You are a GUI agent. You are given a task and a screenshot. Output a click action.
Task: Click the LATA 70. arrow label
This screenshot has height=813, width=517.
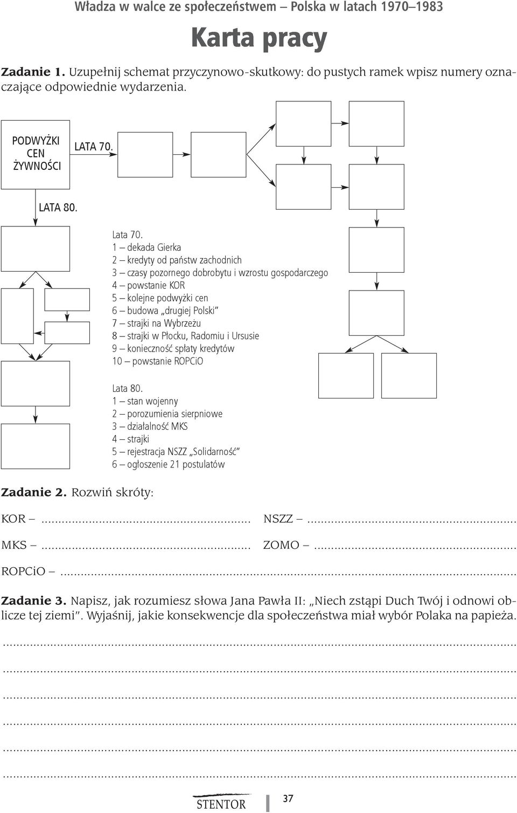click(94, 147)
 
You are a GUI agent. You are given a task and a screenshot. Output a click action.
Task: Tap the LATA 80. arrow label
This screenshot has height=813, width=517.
click(58, 208)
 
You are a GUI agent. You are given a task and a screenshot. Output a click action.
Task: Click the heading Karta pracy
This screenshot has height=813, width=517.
click(259, 38)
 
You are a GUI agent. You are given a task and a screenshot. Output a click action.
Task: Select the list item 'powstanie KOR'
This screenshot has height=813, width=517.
click(148, 286)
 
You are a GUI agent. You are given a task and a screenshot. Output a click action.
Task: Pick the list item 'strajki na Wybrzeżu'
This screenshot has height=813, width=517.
click(156, 323)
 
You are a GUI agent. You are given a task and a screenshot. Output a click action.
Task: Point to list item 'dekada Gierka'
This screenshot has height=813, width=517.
click(146, 247)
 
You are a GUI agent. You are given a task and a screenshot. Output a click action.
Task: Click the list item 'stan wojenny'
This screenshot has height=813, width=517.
click(145, 402)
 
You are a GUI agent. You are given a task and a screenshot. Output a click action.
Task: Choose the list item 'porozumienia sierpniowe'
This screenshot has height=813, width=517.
click(167, 414)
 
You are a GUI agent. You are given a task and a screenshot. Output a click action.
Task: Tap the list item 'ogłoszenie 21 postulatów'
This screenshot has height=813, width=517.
click(168, 465)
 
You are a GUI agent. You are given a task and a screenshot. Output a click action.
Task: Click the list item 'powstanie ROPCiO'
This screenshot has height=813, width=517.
click(158, 362)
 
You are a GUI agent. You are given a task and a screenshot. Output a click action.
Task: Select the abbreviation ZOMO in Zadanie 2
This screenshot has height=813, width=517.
click(281, 545)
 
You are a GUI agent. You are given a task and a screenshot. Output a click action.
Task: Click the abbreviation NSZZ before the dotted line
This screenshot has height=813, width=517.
click(278, 519)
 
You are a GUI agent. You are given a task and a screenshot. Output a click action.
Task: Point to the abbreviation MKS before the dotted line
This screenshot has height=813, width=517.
click(14, 545)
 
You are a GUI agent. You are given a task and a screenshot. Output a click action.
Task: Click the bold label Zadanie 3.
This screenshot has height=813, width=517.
click(34, 601)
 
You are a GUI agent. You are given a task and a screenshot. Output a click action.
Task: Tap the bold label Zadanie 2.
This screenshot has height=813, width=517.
click(34, 493)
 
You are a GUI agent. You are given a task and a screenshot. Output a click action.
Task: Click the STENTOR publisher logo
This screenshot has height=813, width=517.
click(221, 801)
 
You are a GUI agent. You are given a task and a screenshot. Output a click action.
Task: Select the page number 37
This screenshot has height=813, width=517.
click(288, 798)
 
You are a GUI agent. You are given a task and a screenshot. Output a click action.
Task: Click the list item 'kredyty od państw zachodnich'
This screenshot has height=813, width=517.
click(177, 260)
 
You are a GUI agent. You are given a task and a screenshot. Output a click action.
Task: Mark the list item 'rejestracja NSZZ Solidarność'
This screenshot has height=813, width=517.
click(176, 452)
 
